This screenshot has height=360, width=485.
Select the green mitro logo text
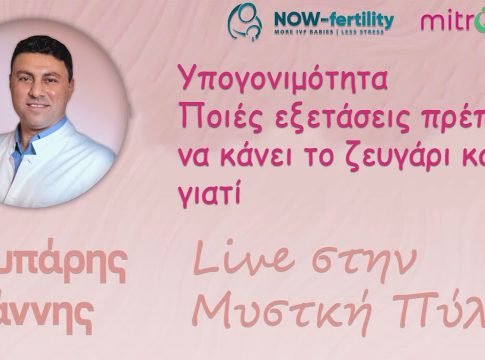click(x=452, y=20)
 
